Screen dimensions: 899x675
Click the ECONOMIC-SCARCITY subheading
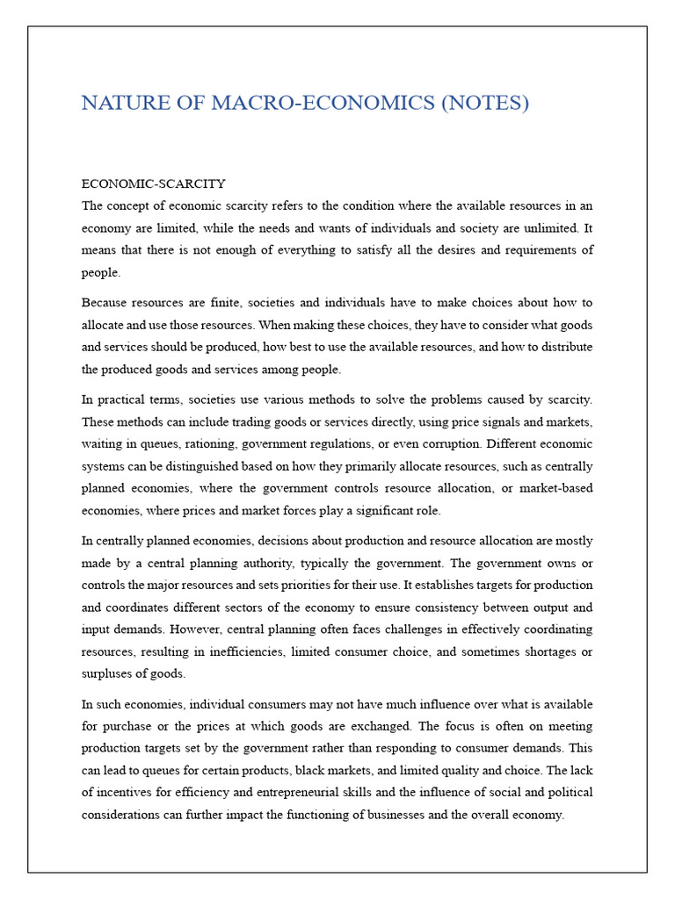(153, 183)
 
